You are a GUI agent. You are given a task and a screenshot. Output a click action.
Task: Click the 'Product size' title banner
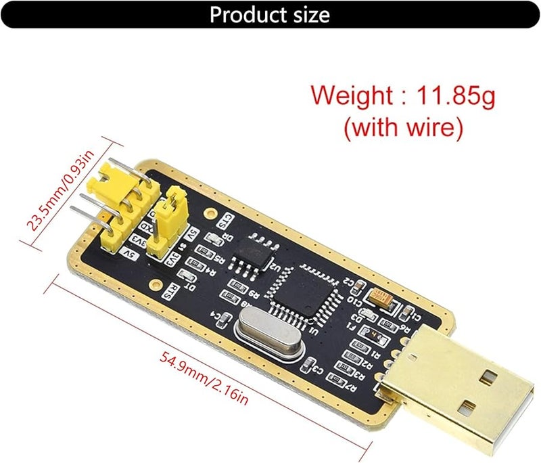tap(270, 14)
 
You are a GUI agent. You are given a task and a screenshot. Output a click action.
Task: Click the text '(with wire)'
tap(404, 128)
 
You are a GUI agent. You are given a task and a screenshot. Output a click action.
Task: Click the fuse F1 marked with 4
tap(373, 334)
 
